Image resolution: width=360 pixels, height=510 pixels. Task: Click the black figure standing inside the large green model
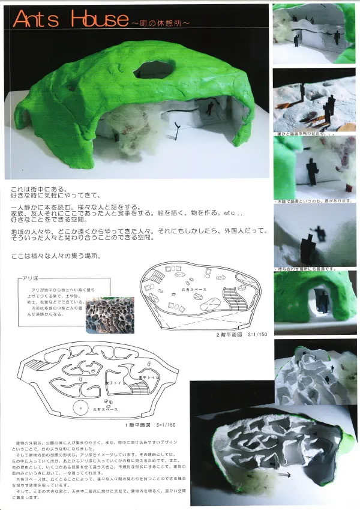point(210,109)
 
